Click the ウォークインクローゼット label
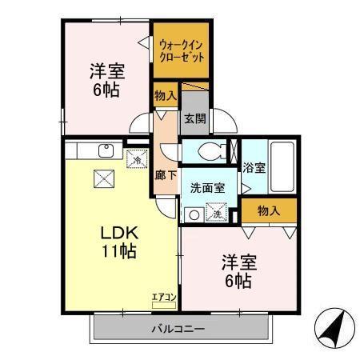point(181,52)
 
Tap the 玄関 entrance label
point(194,118)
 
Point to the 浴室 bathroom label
point(254,170)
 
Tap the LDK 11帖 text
point(119,242)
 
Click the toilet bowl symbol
point(209,150)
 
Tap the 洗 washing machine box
point(216,213)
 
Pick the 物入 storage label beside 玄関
point(166,96)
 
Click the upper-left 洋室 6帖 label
point(106,79)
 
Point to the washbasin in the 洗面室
point(192,214)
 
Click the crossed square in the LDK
point(104,178)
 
